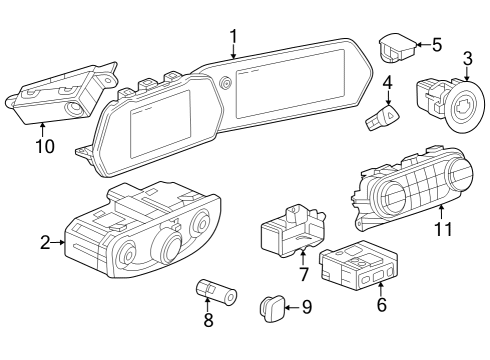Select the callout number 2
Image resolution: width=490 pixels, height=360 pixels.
[46, 241]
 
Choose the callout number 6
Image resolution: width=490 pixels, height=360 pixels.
[381, 305]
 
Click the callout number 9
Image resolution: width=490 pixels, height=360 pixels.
[306, 307]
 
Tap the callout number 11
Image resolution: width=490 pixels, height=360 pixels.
[442, 229]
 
